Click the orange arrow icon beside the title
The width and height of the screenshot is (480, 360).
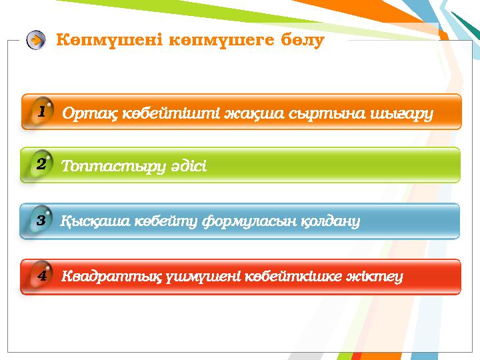pyautogui.click(x=36, y=40)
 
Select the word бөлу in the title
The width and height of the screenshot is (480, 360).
pyautogui.click(x=302, y=40)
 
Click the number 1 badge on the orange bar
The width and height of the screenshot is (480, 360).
pyautogui.click(x=41, y=112)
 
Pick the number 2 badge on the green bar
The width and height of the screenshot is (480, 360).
pyautogui.click(x=41, y=164)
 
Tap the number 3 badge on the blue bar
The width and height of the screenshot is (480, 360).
pyautogui.click(x=41, y=220)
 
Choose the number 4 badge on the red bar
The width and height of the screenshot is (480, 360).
pyautogui.click(x=41, y=275)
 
